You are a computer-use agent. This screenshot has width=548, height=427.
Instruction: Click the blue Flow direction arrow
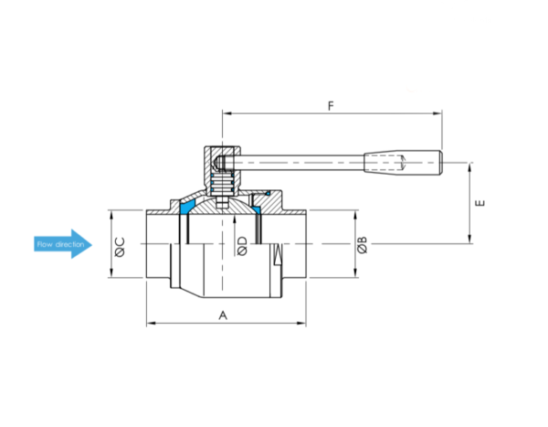click(x=63, y=244)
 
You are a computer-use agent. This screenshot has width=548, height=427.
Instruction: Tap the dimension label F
click(x=331, y=106)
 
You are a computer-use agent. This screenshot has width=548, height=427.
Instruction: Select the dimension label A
click(x=223, y=315)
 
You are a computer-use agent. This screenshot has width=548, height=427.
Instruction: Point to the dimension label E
click(x=481, y=203)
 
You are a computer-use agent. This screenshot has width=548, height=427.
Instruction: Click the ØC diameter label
click(x=120, y=247)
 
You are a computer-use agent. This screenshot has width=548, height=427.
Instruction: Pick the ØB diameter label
click(x=363, y=245)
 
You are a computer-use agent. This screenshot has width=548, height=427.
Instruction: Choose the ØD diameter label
click(x=242, y=246)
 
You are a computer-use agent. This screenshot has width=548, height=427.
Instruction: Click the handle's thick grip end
click(x=404, y=162)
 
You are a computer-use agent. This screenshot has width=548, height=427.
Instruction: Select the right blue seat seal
click(x=257, y=210)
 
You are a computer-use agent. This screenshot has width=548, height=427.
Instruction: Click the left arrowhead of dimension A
click(x=151, y=323)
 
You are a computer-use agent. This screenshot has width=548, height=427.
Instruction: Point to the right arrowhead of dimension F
click(x=437, y=113)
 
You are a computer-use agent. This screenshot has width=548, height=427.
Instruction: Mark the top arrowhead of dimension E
click(x=470, y=167)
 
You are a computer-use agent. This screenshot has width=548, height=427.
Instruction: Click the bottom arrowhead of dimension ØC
click(x=111, y=272)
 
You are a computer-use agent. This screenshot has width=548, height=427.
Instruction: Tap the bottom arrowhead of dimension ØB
click(x=355, y=272)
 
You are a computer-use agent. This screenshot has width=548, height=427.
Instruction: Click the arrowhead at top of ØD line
click(x=234, y=220)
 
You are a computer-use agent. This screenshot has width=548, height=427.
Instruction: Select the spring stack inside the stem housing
click(x=222, y=184)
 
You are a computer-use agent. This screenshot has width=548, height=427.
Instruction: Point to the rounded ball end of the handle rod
click(x=219, y=162)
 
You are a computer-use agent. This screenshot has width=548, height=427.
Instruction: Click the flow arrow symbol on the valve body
click(x=278, y=254)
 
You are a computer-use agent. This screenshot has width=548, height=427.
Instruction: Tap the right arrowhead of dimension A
click(x=301, y=323)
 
